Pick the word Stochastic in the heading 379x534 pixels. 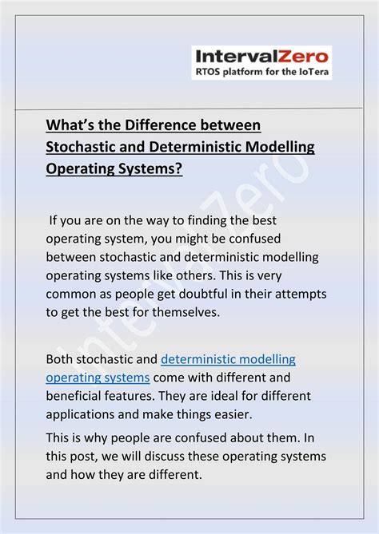click(x=83, y=147)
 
